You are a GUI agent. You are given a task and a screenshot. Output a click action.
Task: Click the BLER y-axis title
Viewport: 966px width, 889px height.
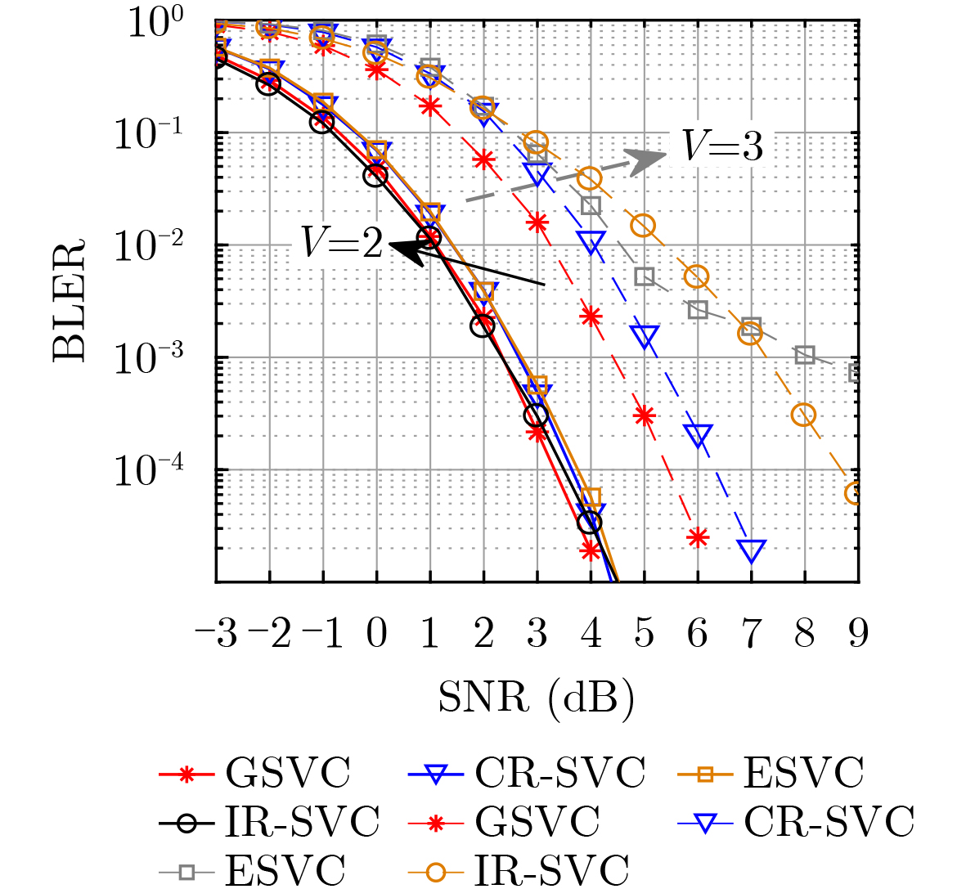[70, 300]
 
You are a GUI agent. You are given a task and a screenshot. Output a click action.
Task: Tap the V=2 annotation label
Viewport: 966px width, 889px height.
[342, 242]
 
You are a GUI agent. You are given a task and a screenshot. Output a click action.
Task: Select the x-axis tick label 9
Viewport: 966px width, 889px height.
[857, 634]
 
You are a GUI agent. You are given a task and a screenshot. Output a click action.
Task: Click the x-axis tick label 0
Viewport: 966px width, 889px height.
[376, 634]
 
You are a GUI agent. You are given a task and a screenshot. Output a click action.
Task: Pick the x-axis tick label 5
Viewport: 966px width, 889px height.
[644, 634]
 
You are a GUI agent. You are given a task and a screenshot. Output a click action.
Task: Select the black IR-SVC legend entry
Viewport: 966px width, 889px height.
[270, 821]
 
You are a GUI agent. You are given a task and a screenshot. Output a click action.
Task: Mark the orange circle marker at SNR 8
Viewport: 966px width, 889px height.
[804, 415]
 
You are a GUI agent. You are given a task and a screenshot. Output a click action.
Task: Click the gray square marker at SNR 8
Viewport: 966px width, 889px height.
[805, 355]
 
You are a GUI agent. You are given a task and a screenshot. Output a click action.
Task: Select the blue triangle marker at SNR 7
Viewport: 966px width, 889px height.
[752, 550]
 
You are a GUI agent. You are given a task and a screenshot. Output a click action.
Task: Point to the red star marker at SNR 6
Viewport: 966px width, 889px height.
[697, 537]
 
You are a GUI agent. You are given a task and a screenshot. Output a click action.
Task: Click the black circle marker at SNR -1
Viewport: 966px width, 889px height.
[322, 123]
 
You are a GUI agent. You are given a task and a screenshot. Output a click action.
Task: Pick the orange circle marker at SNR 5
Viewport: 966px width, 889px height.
[644, 226]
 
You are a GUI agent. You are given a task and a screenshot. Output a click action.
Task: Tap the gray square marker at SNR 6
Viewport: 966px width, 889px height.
[698, 310]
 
